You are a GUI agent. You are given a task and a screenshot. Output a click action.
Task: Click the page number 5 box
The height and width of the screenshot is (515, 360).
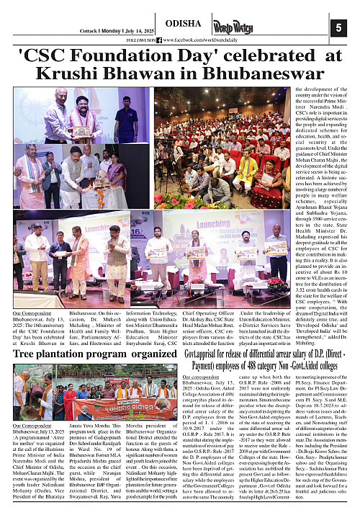coord(342,28)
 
